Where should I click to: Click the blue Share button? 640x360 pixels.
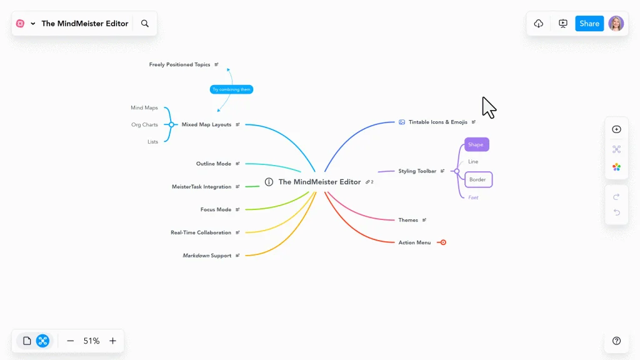click(x=589, y=24)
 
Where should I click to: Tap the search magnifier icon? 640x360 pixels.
click(x=145, y=24)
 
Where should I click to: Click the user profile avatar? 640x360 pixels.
click(x=616, y=24)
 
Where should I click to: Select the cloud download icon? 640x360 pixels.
click(x=539, y=24)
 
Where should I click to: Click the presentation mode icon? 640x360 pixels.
click(x=563, y=24)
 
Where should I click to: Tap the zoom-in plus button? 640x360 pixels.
click(x=112, y=341)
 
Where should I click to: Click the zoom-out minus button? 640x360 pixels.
click(x=70, y=341)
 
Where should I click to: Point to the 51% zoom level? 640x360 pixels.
click(x=91, y=341)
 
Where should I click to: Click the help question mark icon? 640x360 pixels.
click(x=616, y=341)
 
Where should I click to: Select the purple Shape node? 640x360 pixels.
click(x=476, y=144)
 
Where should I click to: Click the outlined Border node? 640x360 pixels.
click(x=478, y=179)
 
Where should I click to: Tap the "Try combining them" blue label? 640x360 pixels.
click(x=231, y=89)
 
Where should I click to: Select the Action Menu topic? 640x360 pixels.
click(x=414, y=242)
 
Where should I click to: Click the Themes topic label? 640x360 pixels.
click(x=408, y=220)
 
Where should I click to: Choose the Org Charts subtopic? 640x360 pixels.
click(x=144, y=125)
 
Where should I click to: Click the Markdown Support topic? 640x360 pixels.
click(x=207, y=256)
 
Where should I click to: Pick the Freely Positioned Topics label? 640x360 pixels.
click(x=179, y=64)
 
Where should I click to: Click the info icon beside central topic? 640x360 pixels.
click(x=269, y=182)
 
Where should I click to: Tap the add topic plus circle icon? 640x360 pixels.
click(x=616, y=129)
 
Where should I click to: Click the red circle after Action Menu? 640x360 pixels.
click(x=443, y=242)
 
